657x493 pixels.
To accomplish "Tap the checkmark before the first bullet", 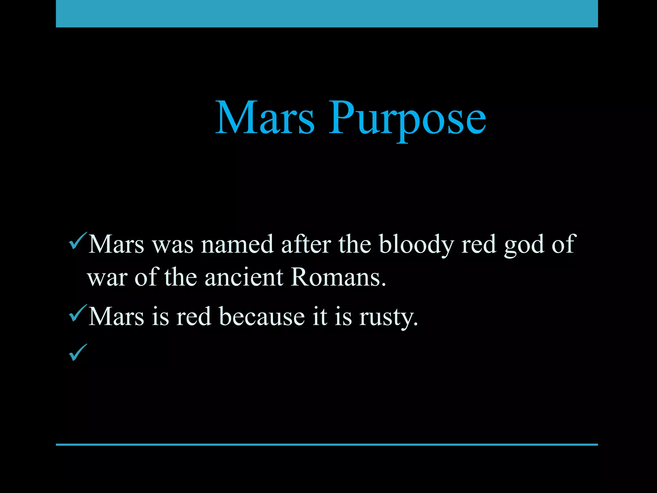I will [x=77, y=241].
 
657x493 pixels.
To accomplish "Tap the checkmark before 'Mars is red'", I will [x=77, y=314].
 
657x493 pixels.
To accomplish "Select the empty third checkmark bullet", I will [x=77, y=352].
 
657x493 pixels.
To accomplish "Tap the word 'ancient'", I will [x=244, y=277].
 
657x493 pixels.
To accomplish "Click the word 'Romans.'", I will [x=338, y=277].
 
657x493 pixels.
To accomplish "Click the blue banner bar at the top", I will [x=327, y=13].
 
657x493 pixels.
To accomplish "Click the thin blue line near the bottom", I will [x=327, y=445].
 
